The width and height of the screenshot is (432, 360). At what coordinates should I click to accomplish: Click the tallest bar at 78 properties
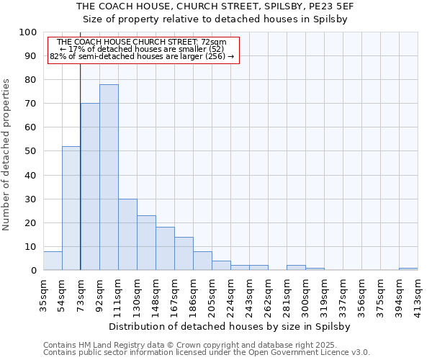point(109,177)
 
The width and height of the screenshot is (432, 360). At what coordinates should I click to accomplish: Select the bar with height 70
point(90,186)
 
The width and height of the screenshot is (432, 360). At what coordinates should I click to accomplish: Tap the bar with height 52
point(71,208)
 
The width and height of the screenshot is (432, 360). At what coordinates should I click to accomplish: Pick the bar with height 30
point(127,235)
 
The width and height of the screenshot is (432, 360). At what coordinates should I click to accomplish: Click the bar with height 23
point(146,243)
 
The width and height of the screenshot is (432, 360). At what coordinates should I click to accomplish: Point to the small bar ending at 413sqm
point(408,269)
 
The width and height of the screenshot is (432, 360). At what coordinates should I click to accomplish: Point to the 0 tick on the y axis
point(34,270)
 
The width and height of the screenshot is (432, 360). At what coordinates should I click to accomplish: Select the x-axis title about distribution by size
point(230,326)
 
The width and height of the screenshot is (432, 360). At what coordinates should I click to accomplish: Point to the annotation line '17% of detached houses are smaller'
point(142,49)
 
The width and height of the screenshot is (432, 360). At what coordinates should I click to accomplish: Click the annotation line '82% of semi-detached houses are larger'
point(142,56)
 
